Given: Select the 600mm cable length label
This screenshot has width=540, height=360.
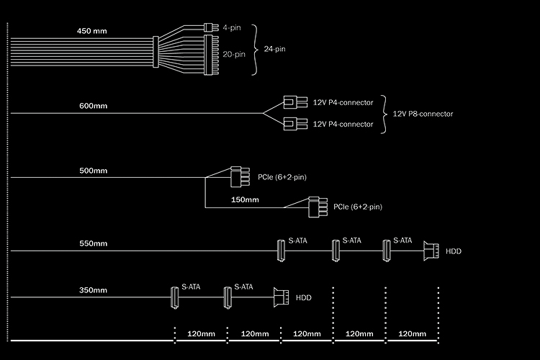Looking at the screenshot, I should pyautogui.click(x=94, y=107).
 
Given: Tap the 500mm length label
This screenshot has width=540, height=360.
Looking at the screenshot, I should pyautogui.click(x=94, y=171).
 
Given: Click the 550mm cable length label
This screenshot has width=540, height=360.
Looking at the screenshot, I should pyautogui.click(x=94, y=244).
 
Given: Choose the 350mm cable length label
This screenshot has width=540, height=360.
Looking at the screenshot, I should pyautogui.click(x=94, y=290).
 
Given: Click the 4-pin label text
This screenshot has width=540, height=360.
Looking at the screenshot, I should pyautogui.click(x=232, y=27).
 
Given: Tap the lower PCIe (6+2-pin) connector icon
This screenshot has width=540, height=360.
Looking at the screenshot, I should pyautogui.click(x=315, y=207).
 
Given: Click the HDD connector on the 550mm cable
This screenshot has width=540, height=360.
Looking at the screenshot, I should pyautogui.click(x=432, y=251).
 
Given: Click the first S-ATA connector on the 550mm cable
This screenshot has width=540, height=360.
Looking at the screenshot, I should pyautogui.click(x=282, y=251).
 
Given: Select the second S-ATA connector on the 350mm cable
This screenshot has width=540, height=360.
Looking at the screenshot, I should pyautogui.click(x=228, y=297).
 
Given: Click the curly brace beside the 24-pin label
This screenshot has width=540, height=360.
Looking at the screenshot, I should pyautogui.click(x=253, y=50).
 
